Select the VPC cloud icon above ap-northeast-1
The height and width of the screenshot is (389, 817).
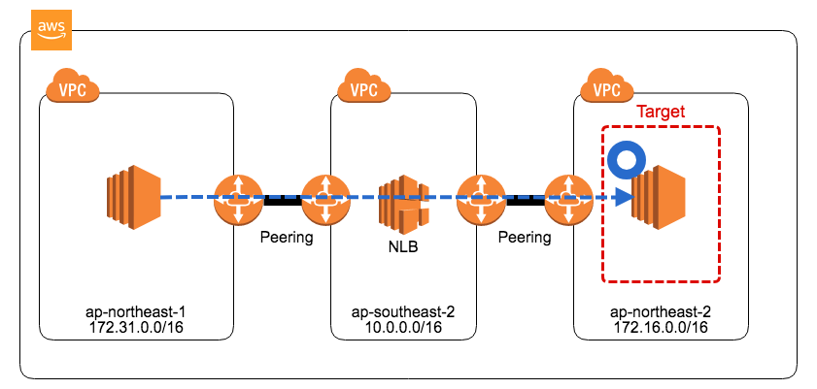tap(73, 90)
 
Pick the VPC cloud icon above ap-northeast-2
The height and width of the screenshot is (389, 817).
tap(606, 90)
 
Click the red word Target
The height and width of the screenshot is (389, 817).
tap(661, 112)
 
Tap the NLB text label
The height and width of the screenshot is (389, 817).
tap(403, 246)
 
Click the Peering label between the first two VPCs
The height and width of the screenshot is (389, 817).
tap(286, 237)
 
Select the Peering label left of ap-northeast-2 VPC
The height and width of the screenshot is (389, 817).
tap(524, 237)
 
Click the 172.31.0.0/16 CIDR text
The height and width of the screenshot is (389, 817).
tap(136, 329)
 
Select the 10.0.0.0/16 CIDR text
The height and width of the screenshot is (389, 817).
tap(402, 329)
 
